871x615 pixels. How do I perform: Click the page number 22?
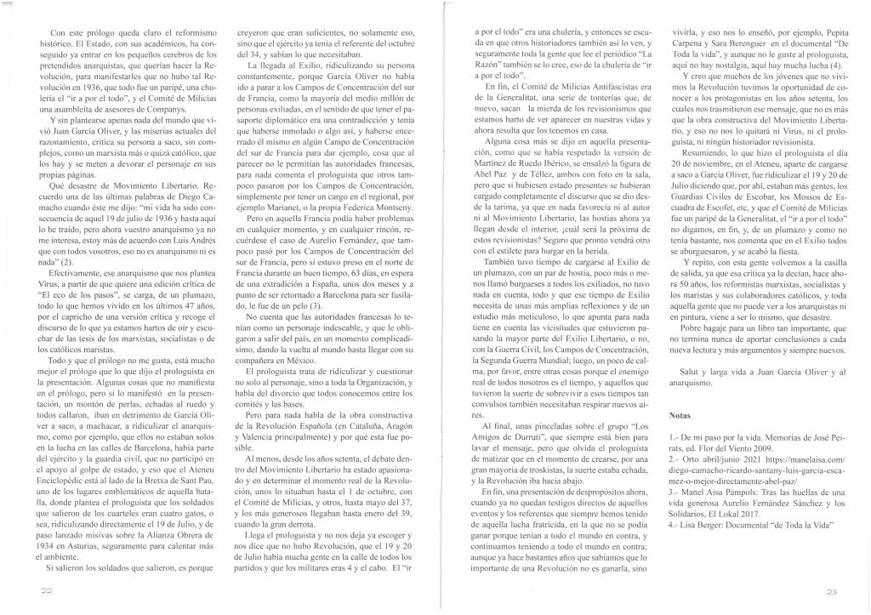(x=34, y=590)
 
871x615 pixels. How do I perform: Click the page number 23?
(x=833, y=590)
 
